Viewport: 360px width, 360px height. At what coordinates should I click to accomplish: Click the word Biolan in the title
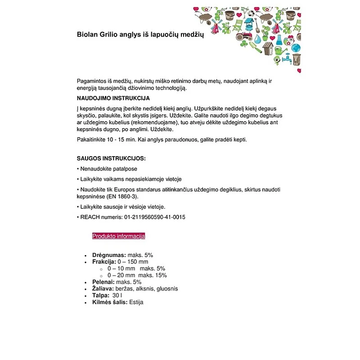pos(87,35)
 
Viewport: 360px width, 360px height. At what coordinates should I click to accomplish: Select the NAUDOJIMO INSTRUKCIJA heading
pos(113,98)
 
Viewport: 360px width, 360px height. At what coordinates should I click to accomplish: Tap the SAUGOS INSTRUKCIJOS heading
pos(111,159)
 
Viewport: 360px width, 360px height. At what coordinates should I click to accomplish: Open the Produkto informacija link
pos(118,236)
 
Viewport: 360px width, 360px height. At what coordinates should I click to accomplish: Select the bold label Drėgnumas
pos(109,255)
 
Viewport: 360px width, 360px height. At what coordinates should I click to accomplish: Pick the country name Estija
pos(136,302)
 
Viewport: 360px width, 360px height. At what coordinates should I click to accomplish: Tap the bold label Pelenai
pos(103,282)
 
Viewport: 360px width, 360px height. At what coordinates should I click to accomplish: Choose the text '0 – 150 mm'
pos(133,262)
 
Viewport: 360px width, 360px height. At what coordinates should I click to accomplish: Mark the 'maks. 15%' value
pos(153,275)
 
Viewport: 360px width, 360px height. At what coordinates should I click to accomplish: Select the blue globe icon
pos(296,48)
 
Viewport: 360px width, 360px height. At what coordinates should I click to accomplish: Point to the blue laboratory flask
pos(279,40)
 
